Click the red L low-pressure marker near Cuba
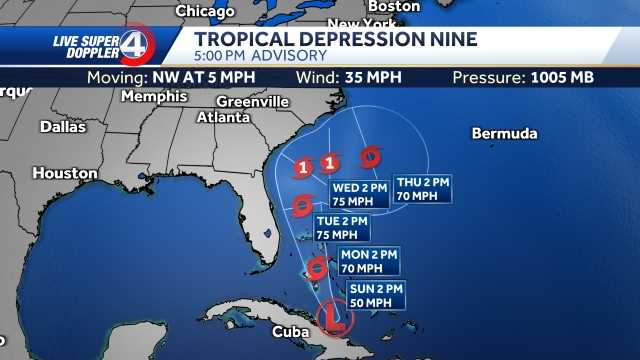point(331,319)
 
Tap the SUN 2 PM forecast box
point(375,295)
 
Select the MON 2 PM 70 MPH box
point(368,262)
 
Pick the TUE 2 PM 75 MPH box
point(342,227)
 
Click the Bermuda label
point(504,134)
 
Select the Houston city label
point(64,173)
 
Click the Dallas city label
point(63,127)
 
